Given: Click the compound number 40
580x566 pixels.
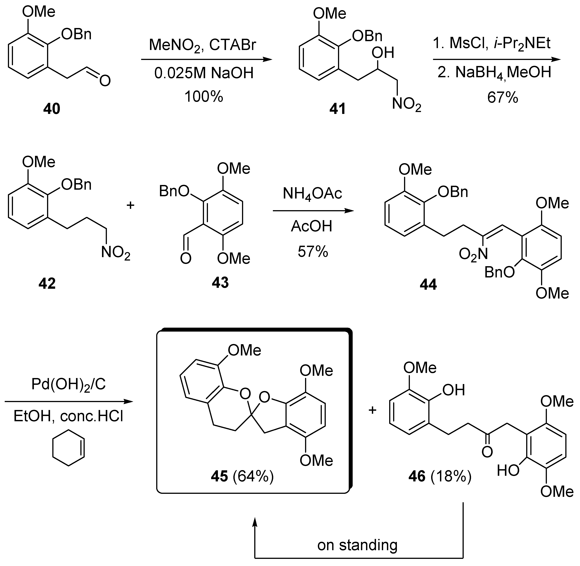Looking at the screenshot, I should (52, 109).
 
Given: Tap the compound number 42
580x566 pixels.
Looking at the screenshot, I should (47, 284).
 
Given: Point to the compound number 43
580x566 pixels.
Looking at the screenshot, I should (220, 282).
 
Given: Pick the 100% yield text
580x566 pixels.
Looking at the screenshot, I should (204, 97).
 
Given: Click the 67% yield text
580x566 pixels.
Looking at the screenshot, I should (503, 98).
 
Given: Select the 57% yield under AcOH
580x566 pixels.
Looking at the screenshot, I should (313, 252).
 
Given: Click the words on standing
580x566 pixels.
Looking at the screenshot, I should (357, 545).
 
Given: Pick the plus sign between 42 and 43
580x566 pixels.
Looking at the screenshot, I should (130, 205).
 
